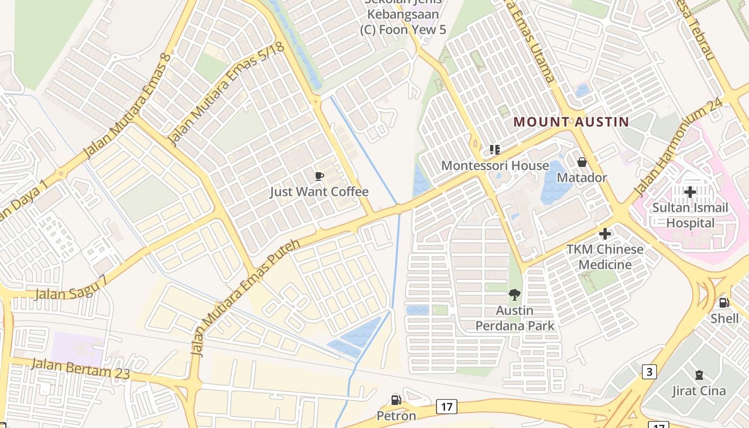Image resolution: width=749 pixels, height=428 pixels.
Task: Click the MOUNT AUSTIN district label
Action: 571,121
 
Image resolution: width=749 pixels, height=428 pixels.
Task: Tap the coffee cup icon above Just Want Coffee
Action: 319,176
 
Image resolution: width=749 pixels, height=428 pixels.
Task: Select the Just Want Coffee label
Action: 319,192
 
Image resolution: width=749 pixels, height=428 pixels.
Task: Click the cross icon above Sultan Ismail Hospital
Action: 690,192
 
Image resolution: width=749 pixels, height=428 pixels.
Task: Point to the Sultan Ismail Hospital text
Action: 690,215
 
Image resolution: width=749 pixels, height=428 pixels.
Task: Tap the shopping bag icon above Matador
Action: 582,162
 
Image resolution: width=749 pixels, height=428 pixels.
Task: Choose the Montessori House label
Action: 495,166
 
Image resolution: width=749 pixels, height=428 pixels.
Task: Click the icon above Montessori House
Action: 495,150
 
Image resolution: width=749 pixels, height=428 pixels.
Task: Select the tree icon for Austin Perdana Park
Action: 515,294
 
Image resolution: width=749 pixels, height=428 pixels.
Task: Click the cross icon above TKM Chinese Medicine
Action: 605,234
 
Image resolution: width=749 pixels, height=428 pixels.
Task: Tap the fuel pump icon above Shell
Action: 724,303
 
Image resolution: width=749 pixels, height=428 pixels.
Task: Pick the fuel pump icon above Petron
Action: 396,400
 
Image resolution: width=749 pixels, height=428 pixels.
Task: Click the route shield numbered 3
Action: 649,371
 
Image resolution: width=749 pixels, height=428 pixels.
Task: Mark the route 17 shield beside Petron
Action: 446,407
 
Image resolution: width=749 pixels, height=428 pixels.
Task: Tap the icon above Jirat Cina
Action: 699,375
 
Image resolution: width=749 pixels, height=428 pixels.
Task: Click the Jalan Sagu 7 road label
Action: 71,288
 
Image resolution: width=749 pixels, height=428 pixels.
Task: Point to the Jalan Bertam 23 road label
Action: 80,369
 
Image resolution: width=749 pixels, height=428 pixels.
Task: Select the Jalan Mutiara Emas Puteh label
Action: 246,297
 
